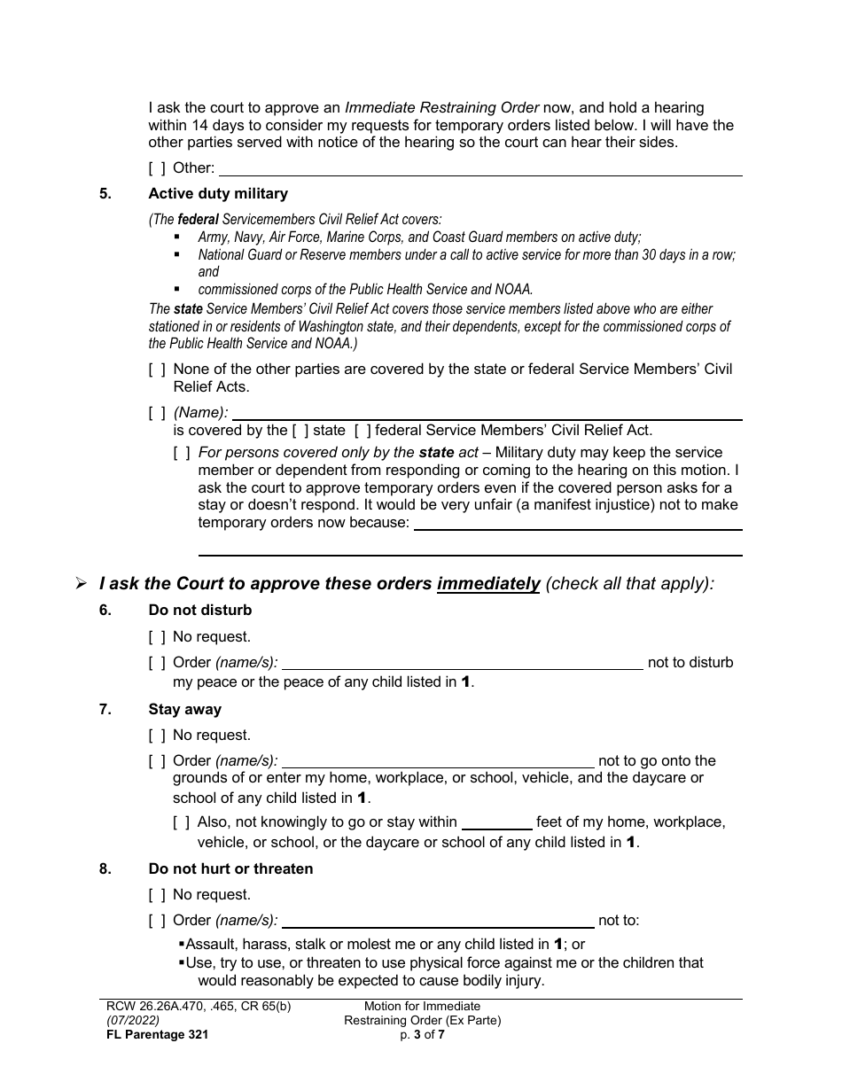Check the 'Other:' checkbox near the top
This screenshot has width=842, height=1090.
tap(157, 168)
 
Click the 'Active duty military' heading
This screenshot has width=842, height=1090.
tap(218, 193)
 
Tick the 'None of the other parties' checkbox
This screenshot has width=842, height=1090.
tap(157, 370)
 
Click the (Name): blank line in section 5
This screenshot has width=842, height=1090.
tap(487, 413)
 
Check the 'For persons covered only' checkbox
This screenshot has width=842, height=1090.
tap(182, 453)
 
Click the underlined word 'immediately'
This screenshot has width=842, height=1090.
tap(488, 584)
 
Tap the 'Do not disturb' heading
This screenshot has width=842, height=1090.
tap(200, 611)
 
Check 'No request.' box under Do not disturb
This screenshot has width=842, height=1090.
tap(157, 637)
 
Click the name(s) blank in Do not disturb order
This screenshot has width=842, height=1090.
tap(462, 663)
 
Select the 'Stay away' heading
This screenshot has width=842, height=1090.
tap(185, 710)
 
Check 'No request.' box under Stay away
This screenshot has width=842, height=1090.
tap(157, 736)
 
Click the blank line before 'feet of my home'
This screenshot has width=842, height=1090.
tap(496, 822)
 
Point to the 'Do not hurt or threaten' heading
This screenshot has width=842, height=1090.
tap(230, 869)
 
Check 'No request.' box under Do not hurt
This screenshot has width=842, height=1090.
tap(157, 895)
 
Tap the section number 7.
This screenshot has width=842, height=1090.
tap(105, 710)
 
